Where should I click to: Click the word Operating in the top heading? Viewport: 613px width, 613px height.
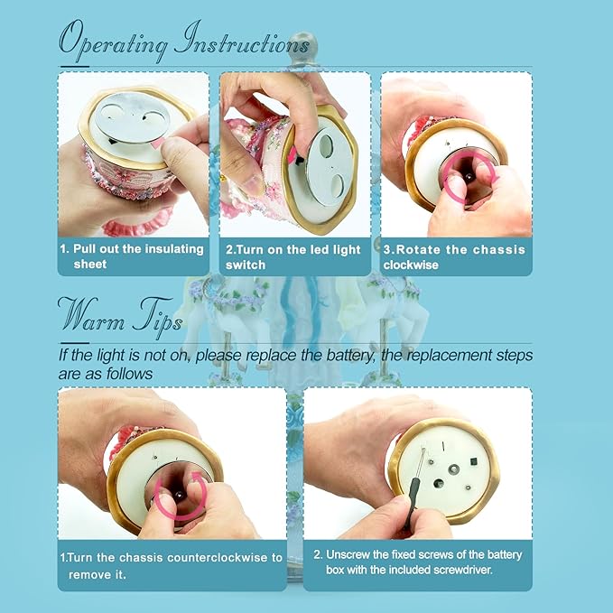coord(114,42)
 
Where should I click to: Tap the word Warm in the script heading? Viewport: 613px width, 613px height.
coord(91,315)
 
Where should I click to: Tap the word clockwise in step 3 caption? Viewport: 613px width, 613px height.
coord(411,265)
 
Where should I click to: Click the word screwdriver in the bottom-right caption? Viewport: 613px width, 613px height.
coord(461,570)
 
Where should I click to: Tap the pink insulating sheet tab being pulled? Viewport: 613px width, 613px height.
coord(158,143)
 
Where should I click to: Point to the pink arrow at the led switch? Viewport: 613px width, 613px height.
coord(292,156)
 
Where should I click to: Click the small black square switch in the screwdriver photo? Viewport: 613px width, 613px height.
coord(473,461)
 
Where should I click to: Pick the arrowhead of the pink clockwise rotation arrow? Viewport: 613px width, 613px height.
coord(495,179)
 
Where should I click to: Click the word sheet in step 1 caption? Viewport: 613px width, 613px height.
coord(90,265)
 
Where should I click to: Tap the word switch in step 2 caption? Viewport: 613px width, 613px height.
coord(246,265)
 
